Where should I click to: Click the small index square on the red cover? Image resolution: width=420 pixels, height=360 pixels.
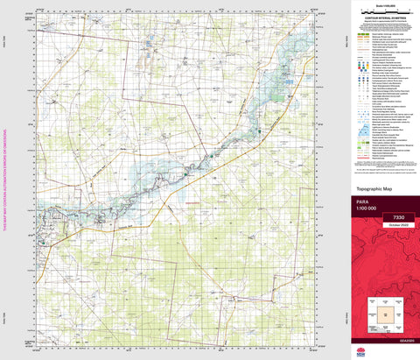click(x=382, y=313)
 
